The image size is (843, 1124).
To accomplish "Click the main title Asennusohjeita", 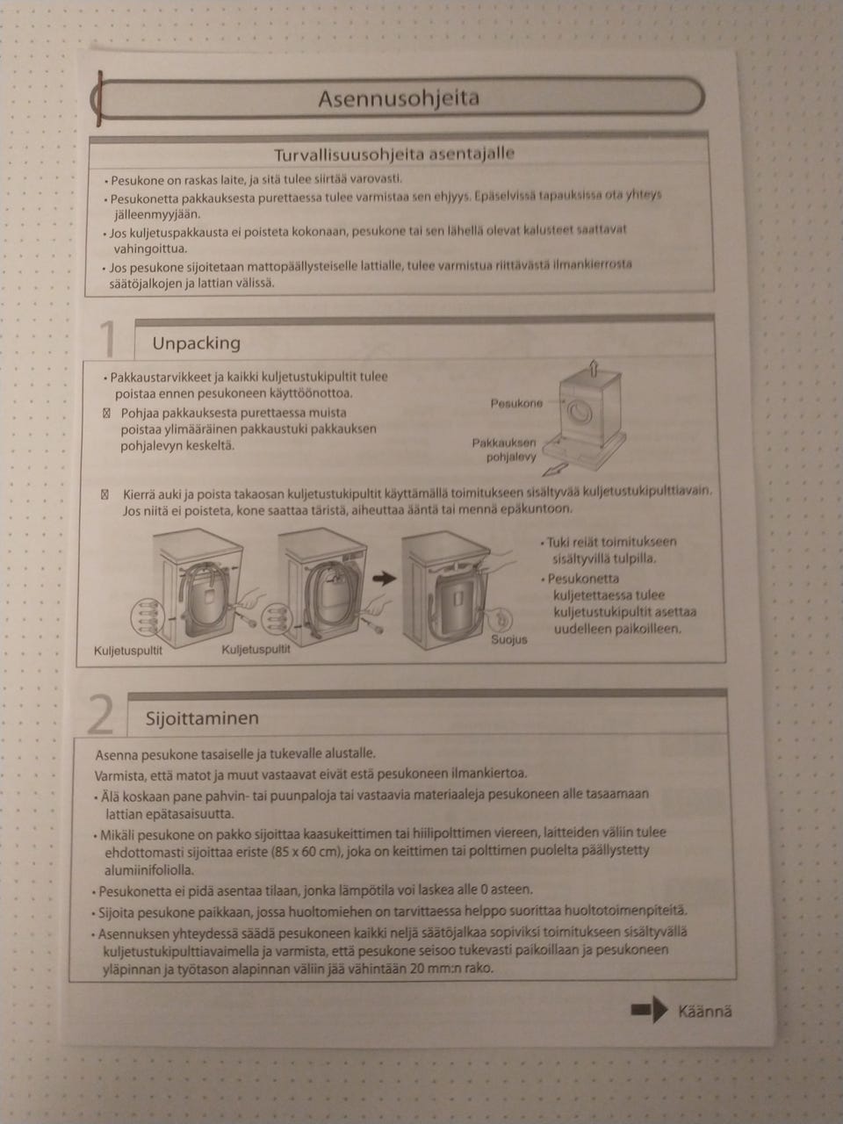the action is point(399,97).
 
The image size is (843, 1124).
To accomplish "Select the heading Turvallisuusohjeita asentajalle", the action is point(394,155).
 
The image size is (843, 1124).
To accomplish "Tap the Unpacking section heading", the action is point(196,343).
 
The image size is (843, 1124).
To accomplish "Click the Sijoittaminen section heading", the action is point(202,718).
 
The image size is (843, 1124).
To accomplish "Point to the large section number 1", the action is point(108,338).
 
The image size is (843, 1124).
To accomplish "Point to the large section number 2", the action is point(100,714).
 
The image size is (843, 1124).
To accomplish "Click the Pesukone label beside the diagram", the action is point(516,403).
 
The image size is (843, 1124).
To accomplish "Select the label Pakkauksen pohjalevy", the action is point(504,450).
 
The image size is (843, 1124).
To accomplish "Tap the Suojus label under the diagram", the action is point(508,639).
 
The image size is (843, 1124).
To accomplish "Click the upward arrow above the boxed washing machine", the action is point(593,367).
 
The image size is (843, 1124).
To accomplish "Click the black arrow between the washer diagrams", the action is point(385,579).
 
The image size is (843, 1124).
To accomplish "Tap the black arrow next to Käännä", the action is point(650,1009).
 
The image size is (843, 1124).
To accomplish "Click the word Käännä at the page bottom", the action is point(705,1012).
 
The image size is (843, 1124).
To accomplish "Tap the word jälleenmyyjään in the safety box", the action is point(156,214).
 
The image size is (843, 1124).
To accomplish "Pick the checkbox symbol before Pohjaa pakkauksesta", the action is point(106,413).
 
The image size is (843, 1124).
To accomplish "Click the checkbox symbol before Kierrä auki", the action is point(104,494).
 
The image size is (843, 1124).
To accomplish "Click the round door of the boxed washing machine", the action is point(580,411).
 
